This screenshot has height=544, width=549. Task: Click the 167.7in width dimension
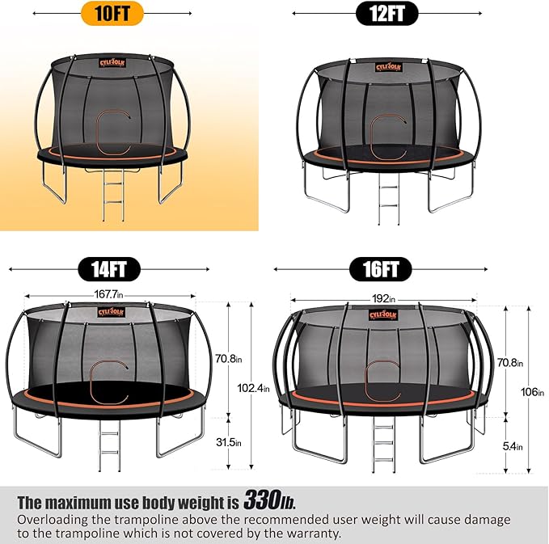[108, 295]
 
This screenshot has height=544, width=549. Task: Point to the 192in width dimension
[383, 299]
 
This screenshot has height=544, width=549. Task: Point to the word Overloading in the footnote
[57, 519]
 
